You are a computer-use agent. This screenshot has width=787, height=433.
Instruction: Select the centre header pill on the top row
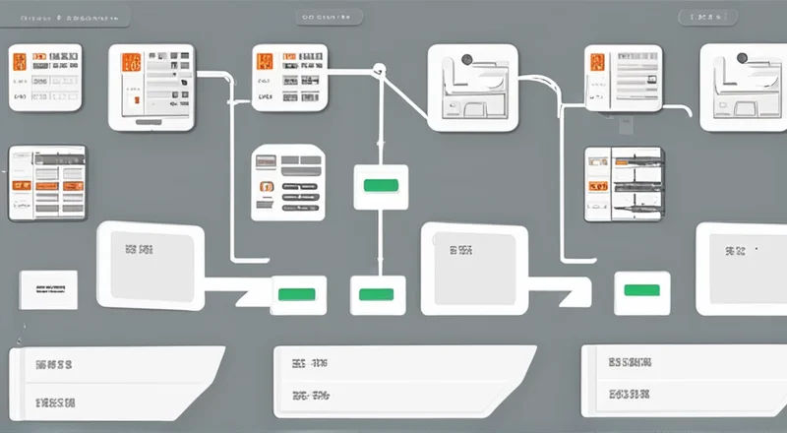point(328,18)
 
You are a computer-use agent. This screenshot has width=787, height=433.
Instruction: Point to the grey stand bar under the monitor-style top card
point(150,122)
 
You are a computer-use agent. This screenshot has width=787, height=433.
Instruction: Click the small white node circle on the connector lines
point(378,68)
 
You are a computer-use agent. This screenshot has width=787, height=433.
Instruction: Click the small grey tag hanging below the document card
point(622,125)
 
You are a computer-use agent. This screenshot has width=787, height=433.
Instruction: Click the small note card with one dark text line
point(47,290)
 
